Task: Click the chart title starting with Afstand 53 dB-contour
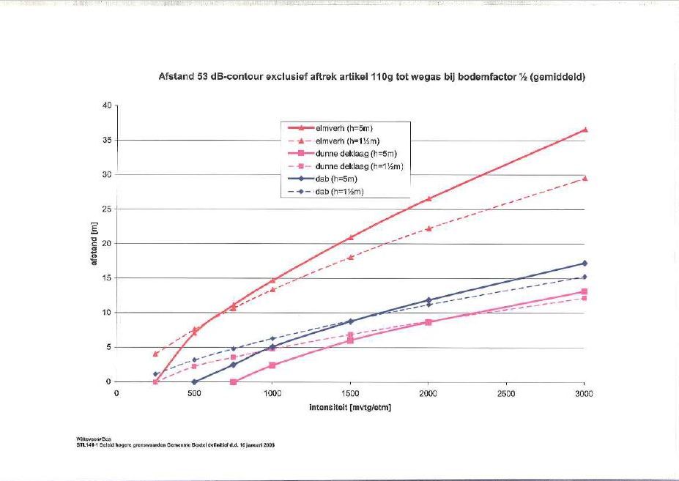[x=371, y=77]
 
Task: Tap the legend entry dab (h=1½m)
[x=339, y=192]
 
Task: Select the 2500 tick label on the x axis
[x=506, y=394]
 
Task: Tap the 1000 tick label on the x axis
[x=272, y=394]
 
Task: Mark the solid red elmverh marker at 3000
[x=585, y=130]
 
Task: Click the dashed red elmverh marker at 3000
[x=585, y=178]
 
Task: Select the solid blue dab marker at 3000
[x=585, y=263]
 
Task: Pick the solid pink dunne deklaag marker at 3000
[x=585, y=291]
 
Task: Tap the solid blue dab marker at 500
[x=195, y=381]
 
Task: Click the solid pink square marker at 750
[x=234, y=381]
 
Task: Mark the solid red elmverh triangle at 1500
[x=351, y=237]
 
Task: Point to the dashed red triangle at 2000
[x=428, y=228]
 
